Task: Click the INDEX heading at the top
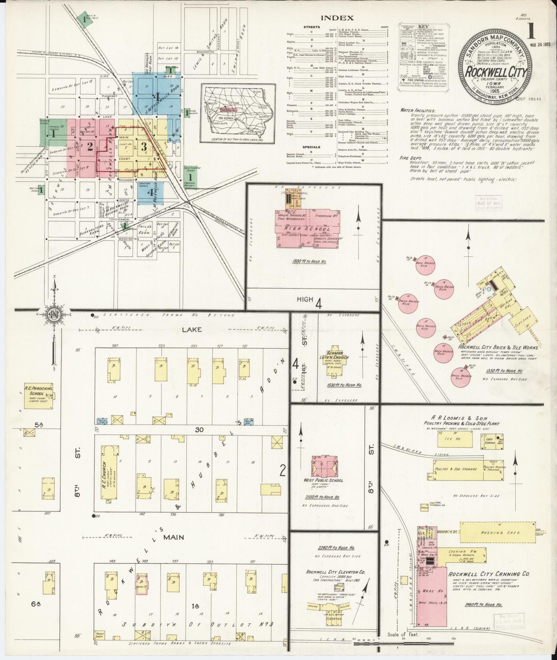[x=337, y=18]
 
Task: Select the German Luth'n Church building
[x=334, y=358]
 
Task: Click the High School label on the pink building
[x=307, y=229]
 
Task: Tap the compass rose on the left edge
[x=54, y=314]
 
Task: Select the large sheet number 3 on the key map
[x=144, y=147]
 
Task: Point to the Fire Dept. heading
[x=410, y=157]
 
